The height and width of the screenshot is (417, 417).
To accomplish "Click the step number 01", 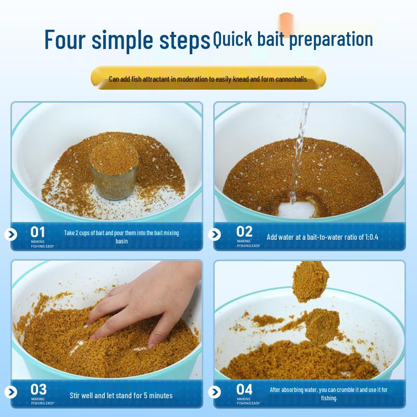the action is (38, 232).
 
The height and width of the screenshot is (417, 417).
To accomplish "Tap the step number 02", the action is (244, 231).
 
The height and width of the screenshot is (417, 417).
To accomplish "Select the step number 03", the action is (39, 389).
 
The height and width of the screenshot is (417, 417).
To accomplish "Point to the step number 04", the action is (244, 389).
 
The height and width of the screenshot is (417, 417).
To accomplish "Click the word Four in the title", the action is (65, 40).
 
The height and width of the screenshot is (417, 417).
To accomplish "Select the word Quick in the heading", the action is (232, 39).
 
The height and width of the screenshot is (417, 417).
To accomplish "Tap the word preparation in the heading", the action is (331, 40).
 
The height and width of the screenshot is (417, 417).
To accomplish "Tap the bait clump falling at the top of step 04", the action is (310, 282).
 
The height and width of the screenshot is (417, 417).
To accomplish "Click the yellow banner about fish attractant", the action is (208, 78).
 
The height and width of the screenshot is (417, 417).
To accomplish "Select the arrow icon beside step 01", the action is (11, 234).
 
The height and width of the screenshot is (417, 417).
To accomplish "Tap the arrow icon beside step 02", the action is (215, 234).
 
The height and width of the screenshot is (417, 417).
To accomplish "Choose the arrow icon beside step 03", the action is (11, 392).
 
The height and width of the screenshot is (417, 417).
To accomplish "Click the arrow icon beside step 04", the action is (215, 392).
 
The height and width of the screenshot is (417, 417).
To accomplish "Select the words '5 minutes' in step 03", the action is (158, 396).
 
